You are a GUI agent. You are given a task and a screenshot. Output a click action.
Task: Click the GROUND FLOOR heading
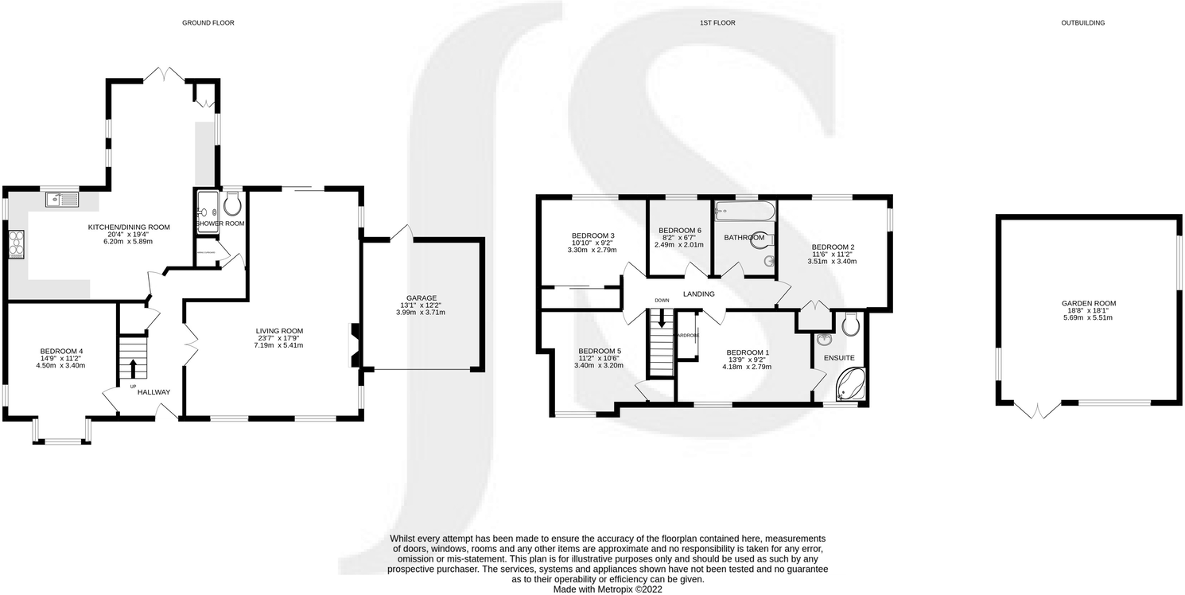208,23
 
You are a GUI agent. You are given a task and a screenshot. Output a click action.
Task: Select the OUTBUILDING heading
1082,23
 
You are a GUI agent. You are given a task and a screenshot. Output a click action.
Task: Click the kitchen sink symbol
61,199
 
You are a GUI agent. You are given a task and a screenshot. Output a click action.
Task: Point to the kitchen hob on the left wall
16,243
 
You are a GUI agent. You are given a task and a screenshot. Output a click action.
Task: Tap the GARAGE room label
421,298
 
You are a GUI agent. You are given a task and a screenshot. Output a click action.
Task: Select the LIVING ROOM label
279,331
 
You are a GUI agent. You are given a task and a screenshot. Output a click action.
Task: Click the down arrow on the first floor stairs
660,322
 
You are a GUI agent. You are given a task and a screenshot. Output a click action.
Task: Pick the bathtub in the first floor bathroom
744,211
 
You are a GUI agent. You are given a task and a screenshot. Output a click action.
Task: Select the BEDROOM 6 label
679,231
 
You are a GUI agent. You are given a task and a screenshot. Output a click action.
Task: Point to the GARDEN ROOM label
1089,303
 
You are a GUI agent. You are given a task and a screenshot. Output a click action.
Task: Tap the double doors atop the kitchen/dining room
172,75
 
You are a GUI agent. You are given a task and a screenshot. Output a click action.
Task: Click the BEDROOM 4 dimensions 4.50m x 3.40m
62,366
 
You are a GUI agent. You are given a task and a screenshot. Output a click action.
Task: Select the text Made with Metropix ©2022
608,589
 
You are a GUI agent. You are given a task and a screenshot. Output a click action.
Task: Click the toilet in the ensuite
850,325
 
